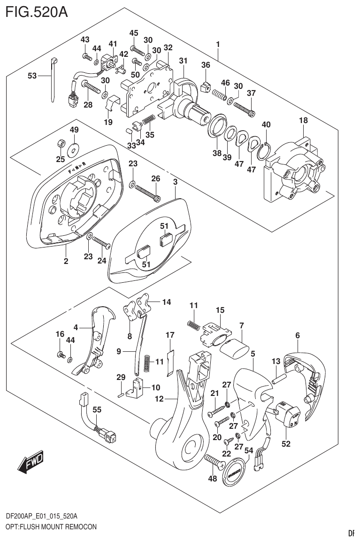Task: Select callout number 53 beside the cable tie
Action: coord(32,76)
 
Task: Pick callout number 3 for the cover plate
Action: coord(175,181)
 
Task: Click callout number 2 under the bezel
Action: coord(66,261)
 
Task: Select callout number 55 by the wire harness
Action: coord(96,410)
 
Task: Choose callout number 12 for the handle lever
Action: coord(159,399)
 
